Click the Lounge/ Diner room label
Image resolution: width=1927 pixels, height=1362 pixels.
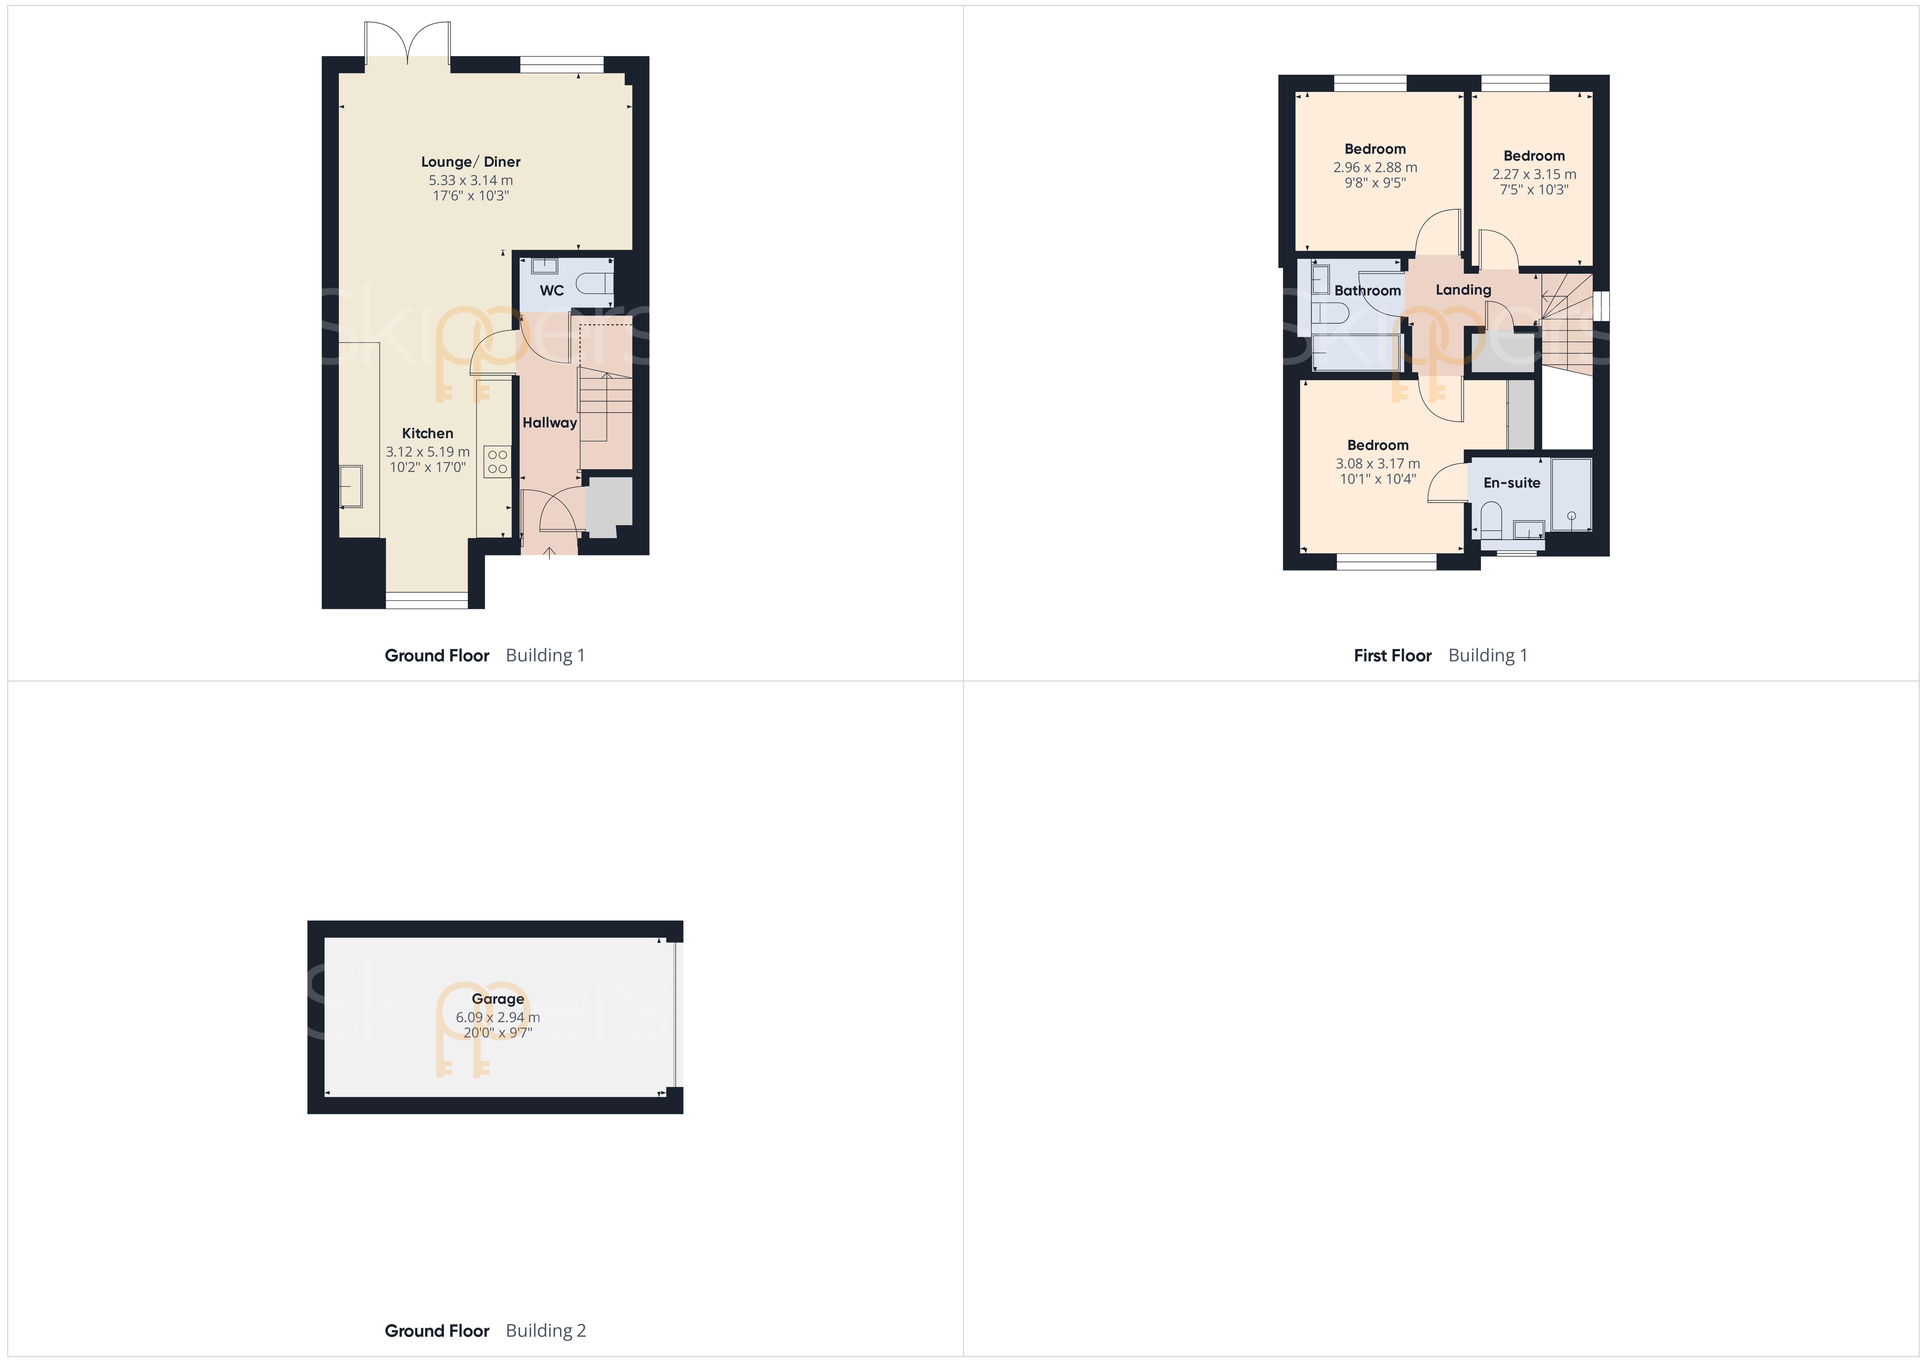tap(471, 162)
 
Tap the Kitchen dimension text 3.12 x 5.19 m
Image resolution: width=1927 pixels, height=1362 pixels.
tap(428, 451)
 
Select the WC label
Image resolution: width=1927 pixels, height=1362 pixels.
tap(552, 290)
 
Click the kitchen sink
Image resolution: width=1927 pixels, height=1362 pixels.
tap(351, 487)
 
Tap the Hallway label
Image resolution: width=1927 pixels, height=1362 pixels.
tap(550, 423)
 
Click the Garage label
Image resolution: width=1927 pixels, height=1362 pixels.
tap(498, 999)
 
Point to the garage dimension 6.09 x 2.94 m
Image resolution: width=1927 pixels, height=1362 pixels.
tap(498, 1017)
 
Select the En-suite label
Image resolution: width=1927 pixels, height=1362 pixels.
tap(1511, 483)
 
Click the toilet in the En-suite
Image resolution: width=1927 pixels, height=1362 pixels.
tap(1491, 520)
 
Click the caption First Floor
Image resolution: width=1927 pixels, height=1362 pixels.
tap(1392, 655)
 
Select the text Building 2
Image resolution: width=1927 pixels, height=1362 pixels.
tap(545, 1330)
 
